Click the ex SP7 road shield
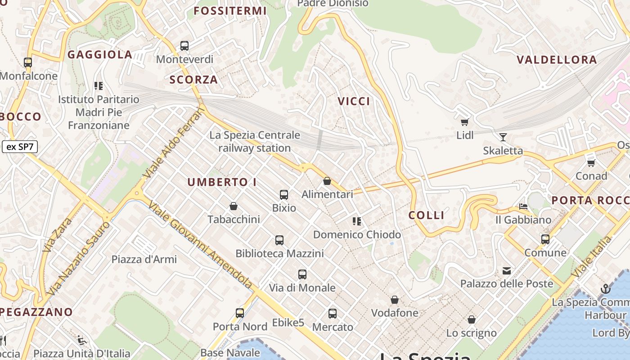pos(20,147)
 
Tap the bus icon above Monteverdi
pos(184,45)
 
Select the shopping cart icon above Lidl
pos(465,122)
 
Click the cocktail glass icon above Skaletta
pos(503,137)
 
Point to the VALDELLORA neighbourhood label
pos(557,60)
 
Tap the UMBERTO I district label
pos(222,182)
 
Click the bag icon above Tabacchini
pos(234,206)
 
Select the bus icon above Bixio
pos(284,194)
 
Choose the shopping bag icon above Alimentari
pos(327,181)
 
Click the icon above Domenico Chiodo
pos(357,221)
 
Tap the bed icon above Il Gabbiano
pos(523,207)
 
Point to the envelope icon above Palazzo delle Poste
pos(507,270)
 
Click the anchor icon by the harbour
pos(606,289)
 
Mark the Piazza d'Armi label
pos(144,259)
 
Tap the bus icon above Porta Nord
pos(240,313)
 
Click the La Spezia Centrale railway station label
pos(255,141)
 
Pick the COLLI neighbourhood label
pos(426,215)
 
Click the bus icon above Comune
pos(545,239)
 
